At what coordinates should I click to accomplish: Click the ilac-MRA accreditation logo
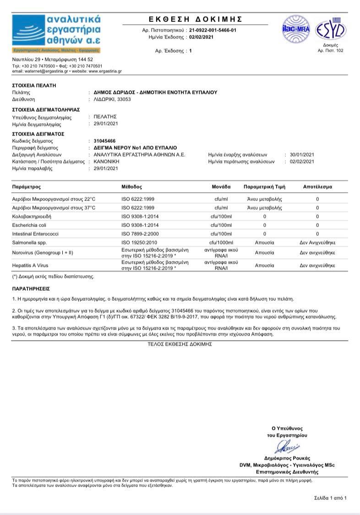pyautogui.click(x=296, y=28)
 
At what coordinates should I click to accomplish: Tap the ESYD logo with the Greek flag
pyautogui.click(x=330, y=30)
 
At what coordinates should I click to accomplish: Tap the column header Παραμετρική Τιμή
pyautogui.click(x=264, y=187)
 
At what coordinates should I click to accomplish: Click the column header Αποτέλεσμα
pyautogui.click(x=317, y=187)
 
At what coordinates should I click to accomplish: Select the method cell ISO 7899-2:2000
pyautogui.click(x=140, y=234)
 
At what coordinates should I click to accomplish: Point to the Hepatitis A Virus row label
pyautogui.click(x=31, y=266)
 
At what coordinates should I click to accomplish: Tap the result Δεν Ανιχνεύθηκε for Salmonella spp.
pyautogui.click(x=317, y=243)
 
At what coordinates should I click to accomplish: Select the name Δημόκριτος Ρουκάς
pyautogui.click(x=287, y=458)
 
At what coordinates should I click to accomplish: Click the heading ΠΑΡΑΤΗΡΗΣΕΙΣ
pyautogui.click(x=31, y=289)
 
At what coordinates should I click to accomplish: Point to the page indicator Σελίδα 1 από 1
pyautogui.click(x=330, y=498)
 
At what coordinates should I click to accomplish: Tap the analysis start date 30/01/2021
pyautogui.click(x=302, y=155)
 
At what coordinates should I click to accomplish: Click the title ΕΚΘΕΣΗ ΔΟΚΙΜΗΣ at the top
pyautogui.click(x=196, y=19)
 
